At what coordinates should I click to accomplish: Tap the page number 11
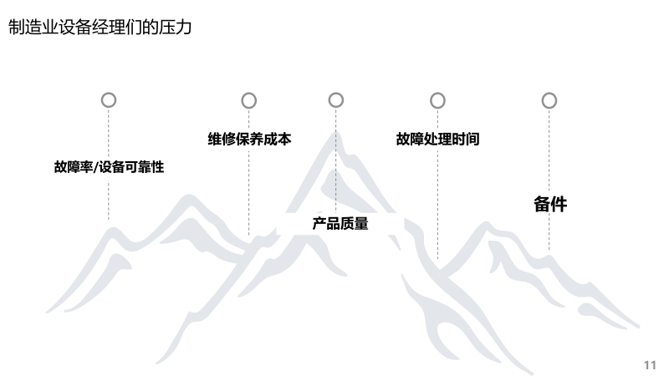pyautogui.click(x=651, y=365)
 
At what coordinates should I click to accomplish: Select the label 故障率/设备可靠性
pyautogui.click(x=109, y=167)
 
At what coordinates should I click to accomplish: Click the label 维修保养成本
pyautogui.click(x=249, y=140)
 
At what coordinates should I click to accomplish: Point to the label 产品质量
pyautogui.click(x=340, y=223)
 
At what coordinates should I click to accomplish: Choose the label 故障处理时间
pyautogui.click(x=437, y=140)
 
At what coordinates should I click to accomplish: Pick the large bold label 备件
pyautogui.click(x=550, y=204)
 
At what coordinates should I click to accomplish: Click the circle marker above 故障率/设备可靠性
pyautogui.click(x=109, y=100)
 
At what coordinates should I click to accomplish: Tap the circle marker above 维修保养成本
pyautogui.click(x=249, y=100)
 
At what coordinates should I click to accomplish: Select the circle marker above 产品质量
pyautogui.click(x=336, y=100)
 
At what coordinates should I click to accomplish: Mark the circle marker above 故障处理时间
pyautogui.click(x=437, y=100)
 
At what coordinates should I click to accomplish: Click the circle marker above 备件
pyautogui.click(x=549, y=100)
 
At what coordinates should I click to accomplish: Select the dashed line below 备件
pyautogui.click(x=549, y=234)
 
